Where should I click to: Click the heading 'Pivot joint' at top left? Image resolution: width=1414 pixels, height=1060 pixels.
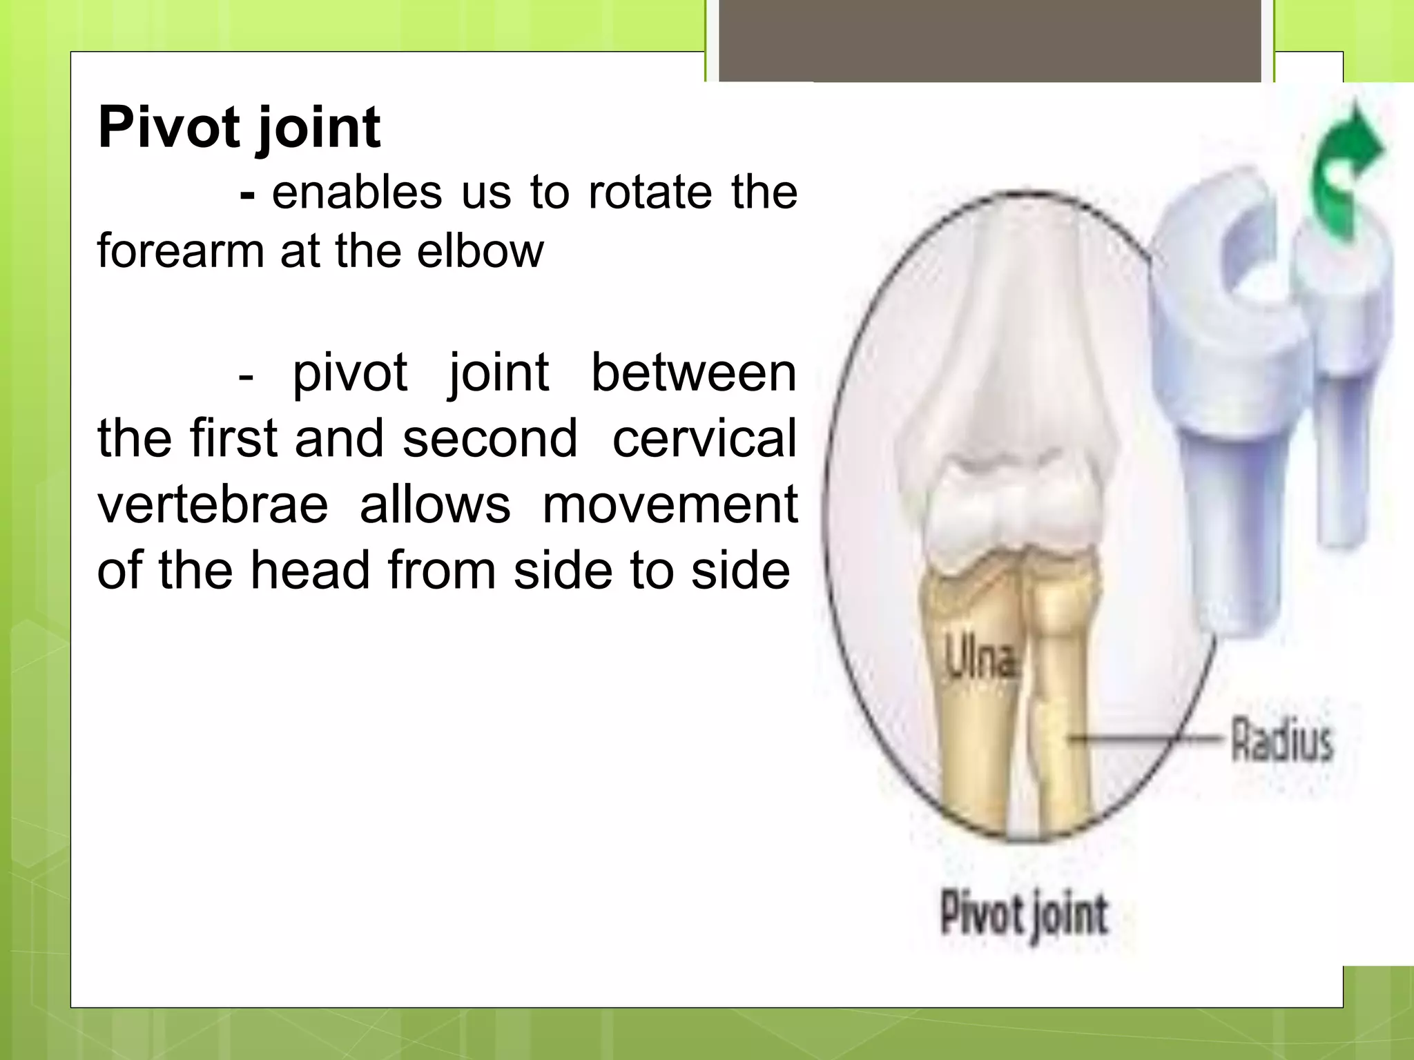239,128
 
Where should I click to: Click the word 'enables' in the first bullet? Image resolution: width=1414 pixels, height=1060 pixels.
356,193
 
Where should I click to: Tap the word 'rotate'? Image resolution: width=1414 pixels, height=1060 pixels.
650,193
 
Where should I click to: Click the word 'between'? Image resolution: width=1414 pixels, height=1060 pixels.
694,373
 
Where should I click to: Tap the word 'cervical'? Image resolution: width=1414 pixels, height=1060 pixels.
704,439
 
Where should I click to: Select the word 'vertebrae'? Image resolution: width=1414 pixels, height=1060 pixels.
213,505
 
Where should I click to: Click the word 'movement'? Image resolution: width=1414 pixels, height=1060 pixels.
670,505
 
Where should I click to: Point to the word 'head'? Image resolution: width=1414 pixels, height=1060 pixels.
310,571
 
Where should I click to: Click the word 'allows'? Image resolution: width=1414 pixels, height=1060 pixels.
435,505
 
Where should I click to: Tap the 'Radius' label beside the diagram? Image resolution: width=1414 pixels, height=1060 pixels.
1282,740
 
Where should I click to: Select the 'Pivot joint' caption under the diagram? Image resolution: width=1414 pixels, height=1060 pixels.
1024,914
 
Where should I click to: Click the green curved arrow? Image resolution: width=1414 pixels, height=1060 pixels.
1346,173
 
